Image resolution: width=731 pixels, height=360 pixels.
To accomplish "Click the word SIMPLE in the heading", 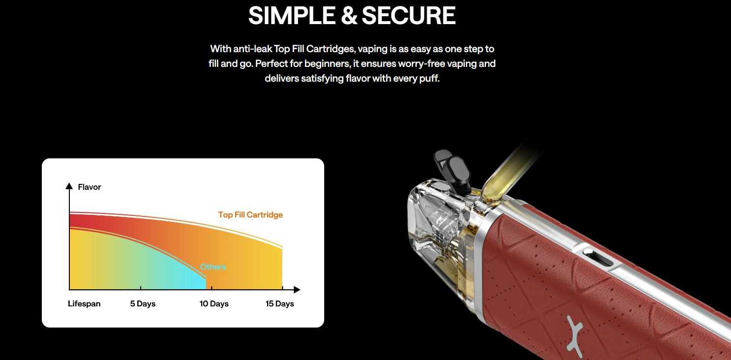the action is click(292, 16).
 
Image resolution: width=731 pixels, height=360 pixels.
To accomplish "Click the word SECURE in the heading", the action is click(409, 16).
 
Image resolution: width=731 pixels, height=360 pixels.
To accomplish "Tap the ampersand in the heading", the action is click(349, 16).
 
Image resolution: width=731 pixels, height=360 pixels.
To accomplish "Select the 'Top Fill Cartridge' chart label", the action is click(250, 215).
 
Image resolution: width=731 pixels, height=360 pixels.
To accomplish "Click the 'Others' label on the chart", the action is click(213, 267).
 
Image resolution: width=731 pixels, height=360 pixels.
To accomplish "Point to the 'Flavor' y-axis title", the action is click(90, 187).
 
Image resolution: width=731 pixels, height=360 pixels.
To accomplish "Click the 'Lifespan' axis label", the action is click(84, 303).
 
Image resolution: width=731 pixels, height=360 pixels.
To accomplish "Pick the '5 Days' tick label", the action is click(143, 303).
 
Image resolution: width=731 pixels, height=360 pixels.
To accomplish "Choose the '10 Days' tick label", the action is click(214, 303).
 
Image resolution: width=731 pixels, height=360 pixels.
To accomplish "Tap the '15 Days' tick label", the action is click(280, 303).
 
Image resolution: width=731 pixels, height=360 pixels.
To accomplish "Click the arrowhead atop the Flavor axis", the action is click(69, 186).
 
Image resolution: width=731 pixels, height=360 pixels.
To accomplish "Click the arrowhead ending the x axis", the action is click(297, 290).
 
